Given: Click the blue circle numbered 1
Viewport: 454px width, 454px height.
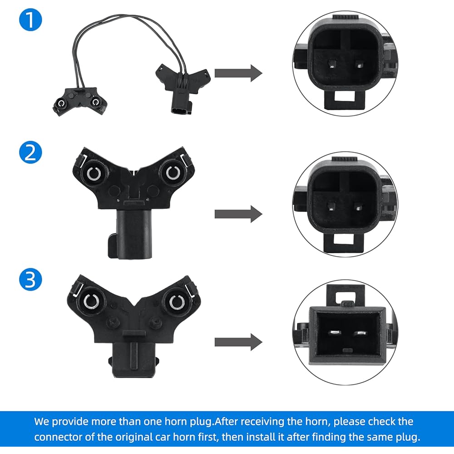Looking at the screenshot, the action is pos(30,20).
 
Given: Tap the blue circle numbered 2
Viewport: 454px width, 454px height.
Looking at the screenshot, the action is pos(30,152).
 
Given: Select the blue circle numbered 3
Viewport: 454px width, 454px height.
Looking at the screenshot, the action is pos(30,279).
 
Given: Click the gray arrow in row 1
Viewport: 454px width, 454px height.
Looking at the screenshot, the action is pos(238,73).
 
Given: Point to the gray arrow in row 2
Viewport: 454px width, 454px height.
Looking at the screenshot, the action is pos(238,214).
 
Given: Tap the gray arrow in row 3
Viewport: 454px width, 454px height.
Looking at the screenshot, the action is pos(238,342).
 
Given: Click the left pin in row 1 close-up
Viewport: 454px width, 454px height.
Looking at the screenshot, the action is pos(332,64).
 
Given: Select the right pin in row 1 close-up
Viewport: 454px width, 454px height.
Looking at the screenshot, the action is pos(359,64).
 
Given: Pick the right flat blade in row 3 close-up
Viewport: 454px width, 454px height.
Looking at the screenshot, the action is pos(360,333).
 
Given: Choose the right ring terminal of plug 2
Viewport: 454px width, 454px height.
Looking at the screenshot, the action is pos(173,173).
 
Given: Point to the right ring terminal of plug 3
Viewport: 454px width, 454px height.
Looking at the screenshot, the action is pos(177,302).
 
